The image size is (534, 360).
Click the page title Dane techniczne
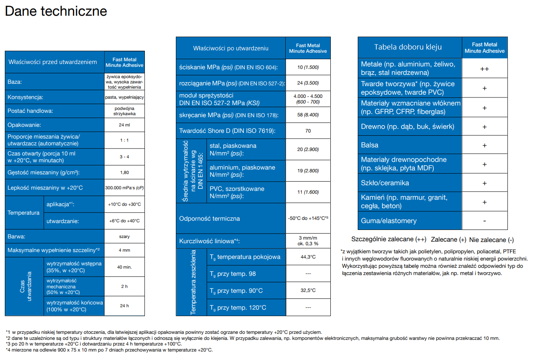coord(56,11)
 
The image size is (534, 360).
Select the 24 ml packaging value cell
coord(124,125)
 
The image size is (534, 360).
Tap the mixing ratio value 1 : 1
coord(124,140)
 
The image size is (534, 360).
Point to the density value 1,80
coord(124,172)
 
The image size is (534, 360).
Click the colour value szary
coord(124,236)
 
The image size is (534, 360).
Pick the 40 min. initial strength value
coord(124,267)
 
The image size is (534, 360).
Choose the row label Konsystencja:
coord(25,97)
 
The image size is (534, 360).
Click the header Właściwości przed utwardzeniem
coord(53,62)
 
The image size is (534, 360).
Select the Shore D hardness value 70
coord(308,131)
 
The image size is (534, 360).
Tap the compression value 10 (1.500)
coord(308,67)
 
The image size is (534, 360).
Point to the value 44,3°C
coord(308,257)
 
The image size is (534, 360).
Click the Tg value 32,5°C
coord(308,290)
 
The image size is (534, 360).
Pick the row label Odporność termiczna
coord(209,219)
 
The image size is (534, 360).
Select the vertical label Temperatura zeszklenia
coord(193,282)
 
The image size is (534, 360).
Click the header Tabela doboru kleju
coord(408,47)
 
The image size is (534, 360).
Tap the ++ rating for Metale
coord(485,69)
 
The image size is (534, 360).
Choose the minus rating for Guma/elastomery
coord(485,221)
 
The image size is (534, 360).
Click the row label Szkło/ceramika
coord(385,183)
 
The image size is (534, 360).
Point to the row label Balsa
coord(369,145)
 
